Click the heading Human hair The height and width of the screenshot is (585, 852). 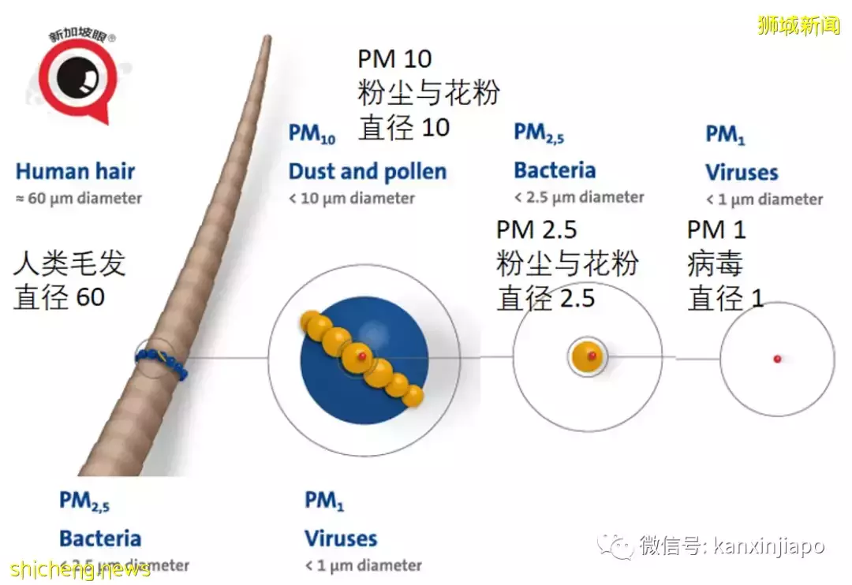click(x=75, y=172)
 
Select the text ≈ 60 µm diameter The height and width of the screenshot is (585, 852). click(x=78, y=198)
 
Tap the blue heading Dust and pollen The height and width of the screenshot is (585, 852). click(x=367, y=172)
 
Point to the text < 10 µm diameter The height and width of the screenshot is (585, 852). click(x=351, y=199)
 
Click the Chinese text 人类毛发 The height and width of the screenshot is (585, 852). click(x=69, y=264)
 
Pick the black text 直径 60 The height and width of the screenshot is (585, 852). click(x=59, y=297)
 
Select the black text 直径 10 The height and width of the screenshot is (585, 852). click(x=404, y=128)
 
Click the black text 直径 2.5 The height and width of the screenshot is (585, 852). click(x=545, y=298)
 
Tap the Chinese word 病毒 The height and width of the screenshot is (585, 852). click(x=715, y=264)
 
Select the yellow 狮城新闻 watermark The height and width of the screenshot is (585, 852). click(x=799, y=25)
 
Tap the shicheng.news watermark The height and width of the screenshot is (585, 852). click(x=80, y=569)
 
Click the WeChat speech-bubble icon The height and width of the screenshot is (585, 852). click(x=615, y=545)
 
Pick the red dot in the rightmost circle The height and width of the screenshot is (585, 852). click(x=777, y=359)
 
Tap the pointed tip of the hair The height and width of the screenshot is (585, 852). click(x=267, y=39)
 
